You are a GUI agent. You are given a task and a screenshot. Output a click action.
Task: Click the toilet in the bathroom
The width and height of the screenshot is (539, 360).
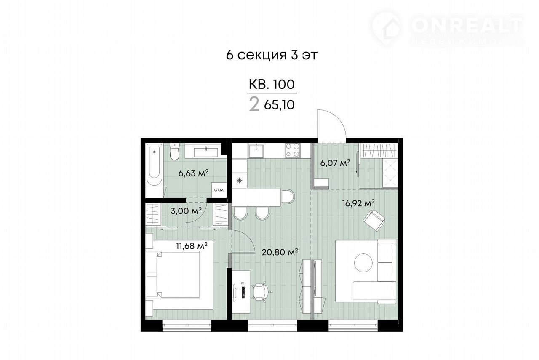174,151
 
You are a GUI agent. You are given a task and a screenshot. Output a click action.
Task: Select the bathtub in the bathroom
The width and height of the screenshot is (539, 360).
154,164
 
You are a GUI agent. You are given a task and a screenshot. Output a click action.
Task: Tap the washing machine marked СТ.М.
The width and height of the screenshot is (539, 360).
219,190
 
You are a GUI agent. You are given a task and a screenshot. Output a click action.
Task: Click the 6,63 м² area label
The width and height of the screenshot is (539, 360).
193,173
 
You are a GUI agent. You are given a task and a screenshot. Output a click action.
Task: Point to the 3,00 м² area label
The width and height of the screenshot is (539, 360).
186,211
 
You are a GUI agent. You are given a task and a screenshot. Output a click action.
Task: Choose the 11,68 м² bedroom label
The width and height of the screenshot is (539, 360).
192,246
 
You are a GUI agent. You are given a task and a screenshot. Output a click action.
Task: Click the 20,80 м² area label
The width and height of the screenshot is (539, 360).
280,252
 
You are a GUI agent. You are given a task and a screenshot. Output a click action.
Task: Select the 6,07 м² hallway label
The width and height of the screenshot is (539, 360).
335,163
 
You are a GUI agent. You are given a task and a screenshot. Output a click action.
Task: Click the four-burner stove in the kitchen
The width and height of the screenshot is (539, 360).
293,150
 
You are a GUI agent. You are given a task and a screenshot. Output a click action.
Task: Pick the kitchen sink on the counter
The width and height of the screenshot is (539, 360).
256,151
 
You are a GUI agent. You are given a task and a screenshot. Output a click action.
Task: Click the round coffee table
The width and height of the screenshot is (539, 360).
363,263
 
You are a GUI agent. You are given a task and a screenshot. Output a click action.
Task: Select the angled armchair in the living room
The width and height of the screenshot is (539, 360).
374,221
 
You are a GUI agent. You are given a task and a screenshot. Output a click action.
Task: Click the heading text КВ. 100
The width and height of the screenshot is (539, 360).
272,85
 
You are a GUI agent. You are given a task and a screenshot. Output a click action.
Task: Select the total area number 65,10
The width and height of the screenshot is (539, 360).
279,105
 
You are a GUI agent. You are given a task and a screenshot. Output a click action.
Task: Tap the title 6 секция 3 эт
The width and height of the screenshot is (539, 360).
272,55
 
